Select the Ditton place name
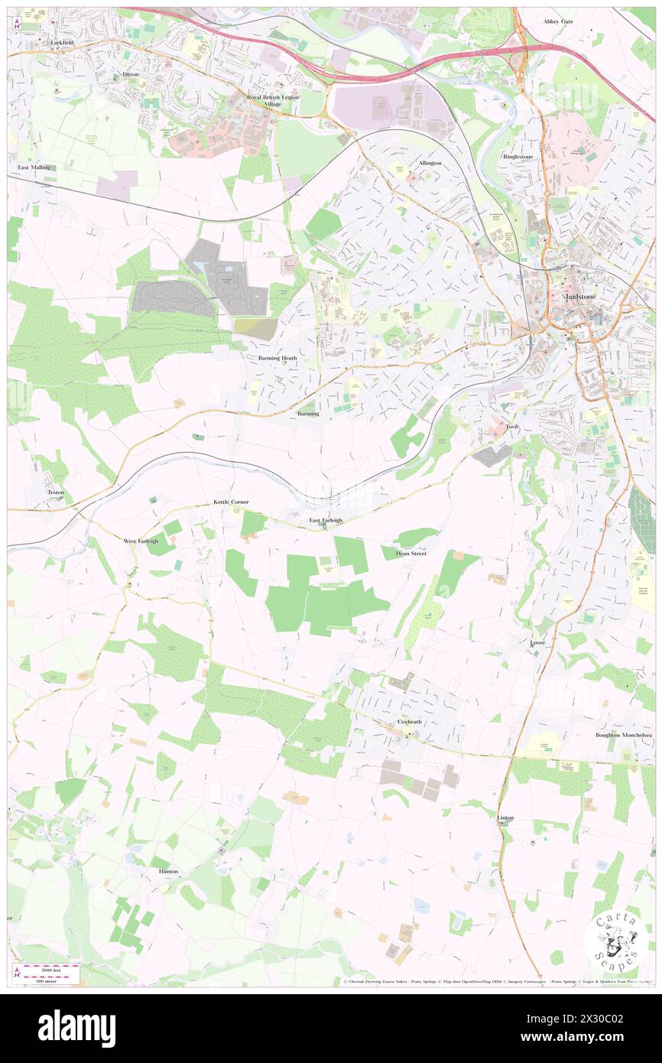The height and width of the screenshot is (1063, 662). point(131,74)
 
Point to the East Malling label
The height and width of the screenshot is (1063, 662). point(34,167)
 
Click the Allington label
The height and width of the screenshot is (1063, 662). point(429,163)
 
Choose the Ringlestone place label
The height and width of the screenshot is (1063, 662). point(518,156)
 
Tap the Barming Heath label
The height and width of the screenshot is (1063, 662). point(277,357)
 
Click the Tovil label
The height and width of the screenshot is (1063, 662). point(512,426)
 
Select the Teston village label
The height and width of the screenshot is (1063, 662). point(56,492)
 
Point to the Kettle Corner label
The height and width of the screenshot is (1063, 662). point(231,502)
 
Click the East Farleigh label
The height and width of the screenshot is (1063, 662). point(326,520)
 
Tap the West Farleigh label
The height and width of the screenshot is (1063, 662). point(141,541)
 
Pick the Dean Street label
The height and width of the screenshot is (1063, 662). point(411,553)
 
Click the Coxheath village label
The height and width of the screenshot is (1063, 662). point(409,721)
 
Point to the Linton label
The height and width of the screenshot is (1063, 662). point(505,818)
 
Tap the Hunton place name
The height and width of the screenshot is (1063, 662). point(168,871)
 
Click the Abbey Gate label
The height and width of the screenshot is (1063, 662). point(558,21)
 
